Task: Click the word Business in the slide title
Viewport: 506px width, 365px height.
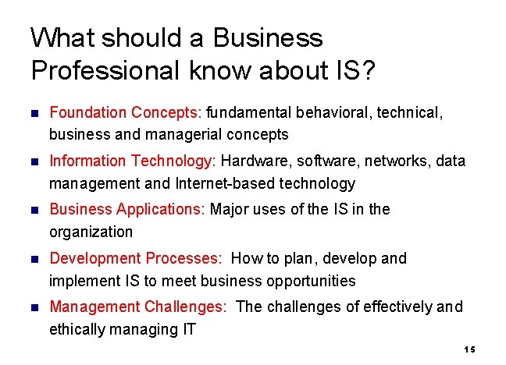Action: [266, 37]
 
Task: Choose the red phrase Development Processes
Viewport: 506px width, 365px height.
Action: [134, 258]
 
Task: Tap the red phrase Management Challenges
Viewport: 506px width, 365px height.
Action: [137, 307]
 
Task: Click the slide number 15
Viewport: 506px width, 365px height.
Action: [469, 349]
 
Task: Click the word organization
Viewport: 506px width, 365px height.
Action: [91, 232]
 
